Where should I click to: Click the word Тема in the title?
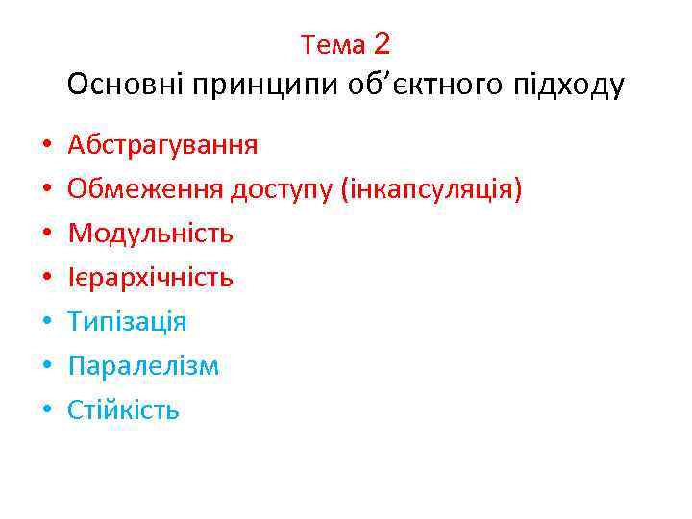(333, 44)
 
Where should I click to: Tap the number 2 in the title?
(382, 43)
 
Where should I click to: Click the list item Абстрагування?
(162, 146)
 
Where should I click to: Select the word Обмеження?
(145, 190)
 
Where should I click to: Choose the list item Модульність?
(151, 234)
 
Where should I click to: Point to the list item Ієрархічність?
(150, 278)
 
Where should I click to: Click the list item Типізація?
(127, 322)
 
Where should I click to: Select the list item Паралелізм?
(143, 366)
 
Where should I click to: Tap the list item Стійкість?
(123, 410)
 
